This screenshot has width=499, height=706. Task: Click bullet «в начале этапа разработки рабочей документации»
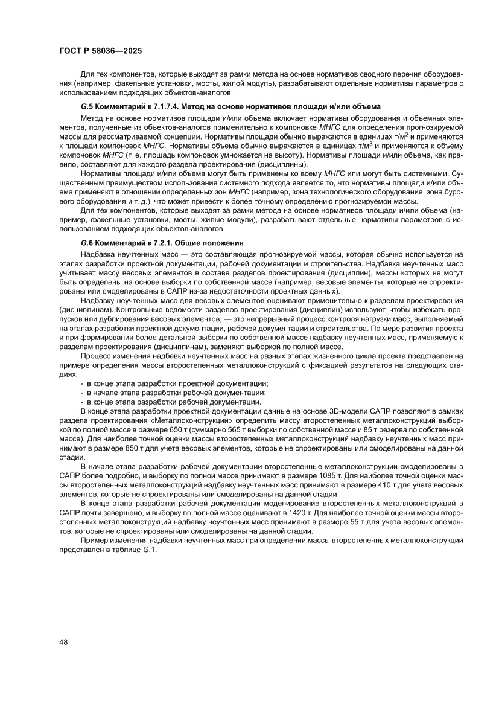(176, 392)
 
